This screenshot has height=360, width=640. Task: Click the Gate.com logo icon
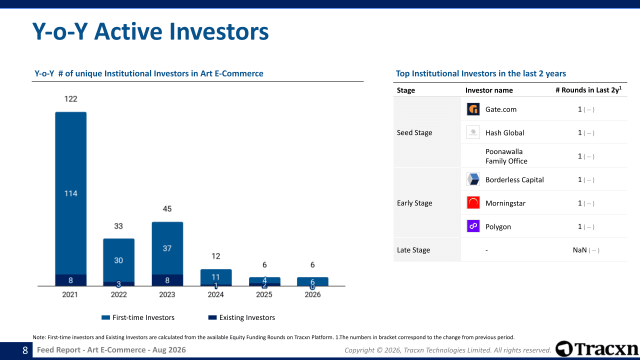click(x=473, y=109)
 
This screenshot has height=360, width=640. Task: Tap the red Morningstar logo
click(x=473, y=203)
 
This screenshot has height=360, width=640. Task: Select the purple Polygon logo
click(x=473, y=226)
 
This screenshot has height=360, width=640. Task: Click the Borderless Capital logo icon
click(x=473, y=179)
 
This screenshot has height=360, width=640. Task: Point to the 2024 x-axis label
click(x=215, y=294)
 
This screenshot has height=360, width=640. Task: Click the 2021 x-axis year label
click(x=70, y=294)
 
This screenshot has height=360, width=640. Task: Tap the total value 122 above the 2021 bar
click(x=71, y=99)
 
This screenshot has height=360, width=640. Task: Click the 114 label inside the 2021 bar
click(x=71, y=193)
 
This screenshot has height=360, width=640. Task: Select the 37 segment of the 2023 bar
click(x=167, y=248)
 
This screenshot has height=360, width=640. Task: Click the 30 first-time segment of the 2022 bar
click(x=118, y=260)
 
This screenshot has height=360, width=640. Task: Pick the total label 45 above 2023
click(x=167, y=209)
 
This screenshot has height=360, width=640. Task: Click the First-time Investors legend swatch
click(x=105, y=317)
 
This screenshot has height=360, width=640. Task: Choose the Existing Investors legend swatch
click(x=212, y=317)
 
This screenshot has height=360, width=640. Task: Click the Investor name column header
click(x=489, y=90)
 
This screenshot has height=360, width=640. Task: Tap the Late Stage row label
click(x=413, y=250)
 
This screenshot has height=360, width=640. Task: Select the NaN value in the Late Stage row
click(x=579, y=250)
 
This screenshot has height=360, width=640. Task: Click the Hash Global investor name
click(x=505, y=133)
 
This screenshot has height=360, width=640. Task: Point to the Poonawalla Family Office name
click(x=506, y=156)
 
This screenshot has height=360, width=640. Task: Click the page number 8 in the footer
click(x=25, y=350)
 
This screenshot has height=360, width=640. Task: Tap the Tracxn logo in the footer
click(x=596, y=349)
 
